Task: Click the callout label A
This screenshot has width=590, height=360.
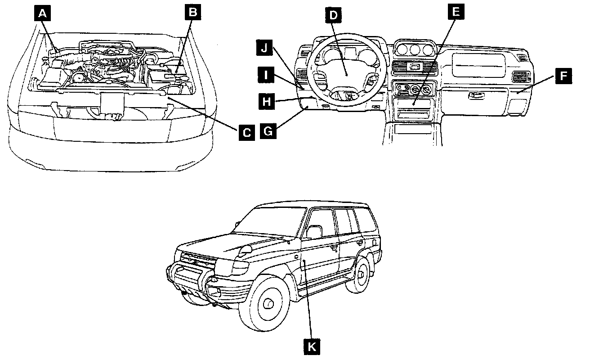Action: (43, 14)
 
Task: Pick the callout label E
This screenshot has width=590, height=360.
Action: (456, 12)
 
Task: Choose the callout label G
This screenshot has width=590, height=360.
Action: (269, 132)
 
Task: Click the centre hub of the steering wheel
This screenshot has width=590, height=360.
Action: (347, 72)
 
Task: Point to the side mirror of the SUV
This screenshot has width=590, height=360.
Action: (314, 232)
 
